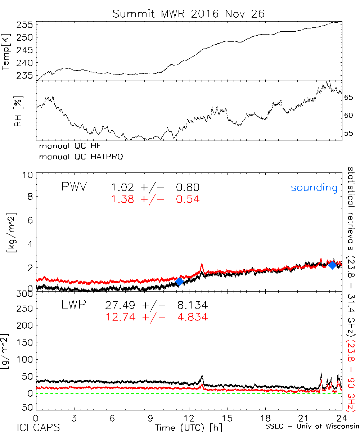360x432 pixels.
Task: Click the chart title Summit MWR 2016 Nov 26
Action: pyautogui.click(x=188, y=14)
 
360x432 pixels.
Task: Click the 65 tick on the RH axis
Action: pyautogui.click(x=350, y=98)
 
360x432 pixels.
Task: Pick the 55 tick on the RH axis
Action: pyautogui.click(x=350, y=133)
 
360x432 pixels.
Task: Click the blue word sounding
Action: pyautogui.click(x=314, y=188)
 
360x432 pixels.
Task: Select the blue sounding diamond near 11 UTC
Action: pyautogui.click(x=179, y=282)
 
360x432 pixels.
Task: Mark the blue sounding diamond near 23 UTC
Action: pyautogui.click(x=332, y=265)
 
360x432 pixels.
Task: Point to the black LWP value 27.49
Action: pyautogui.click(x=120, y=306)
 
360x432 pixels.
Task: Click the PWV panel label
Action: pyautogui.click(x=75, y=187)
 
